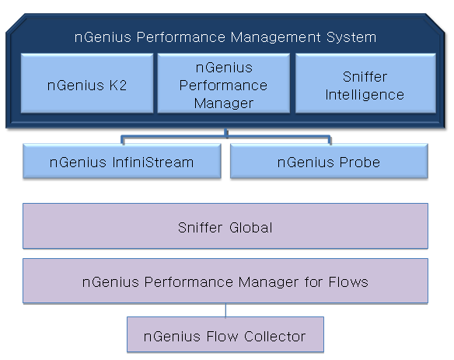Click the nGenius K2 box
pos(87,83)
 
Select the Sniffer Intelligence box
pos(365,83)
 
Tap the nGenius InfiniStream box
pos(122,161)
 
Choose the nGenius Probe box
pos(329,161)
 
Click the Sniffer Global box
pos(225,226)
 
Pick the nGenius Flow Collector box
pos(225,334)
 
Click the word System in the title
pos(351,37)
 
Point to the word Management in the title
pos(275,38)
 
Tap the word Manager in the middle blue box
pos(224,103)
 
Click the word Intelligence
pos(365,95)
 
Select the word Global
pos(251,228)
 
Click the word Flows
pos(348,281)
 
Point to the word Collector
pos(274,336)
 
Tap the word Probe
pos(360,163)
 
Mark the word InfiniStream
pos(153,163)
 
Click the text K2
pos(118,86)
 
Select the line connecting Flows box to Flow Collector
pos(225,310)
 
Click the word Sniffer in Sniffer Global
pos(200,228)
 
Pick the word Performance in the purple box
pos(188,281)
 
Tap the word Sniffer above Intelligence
pos(365,77)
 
